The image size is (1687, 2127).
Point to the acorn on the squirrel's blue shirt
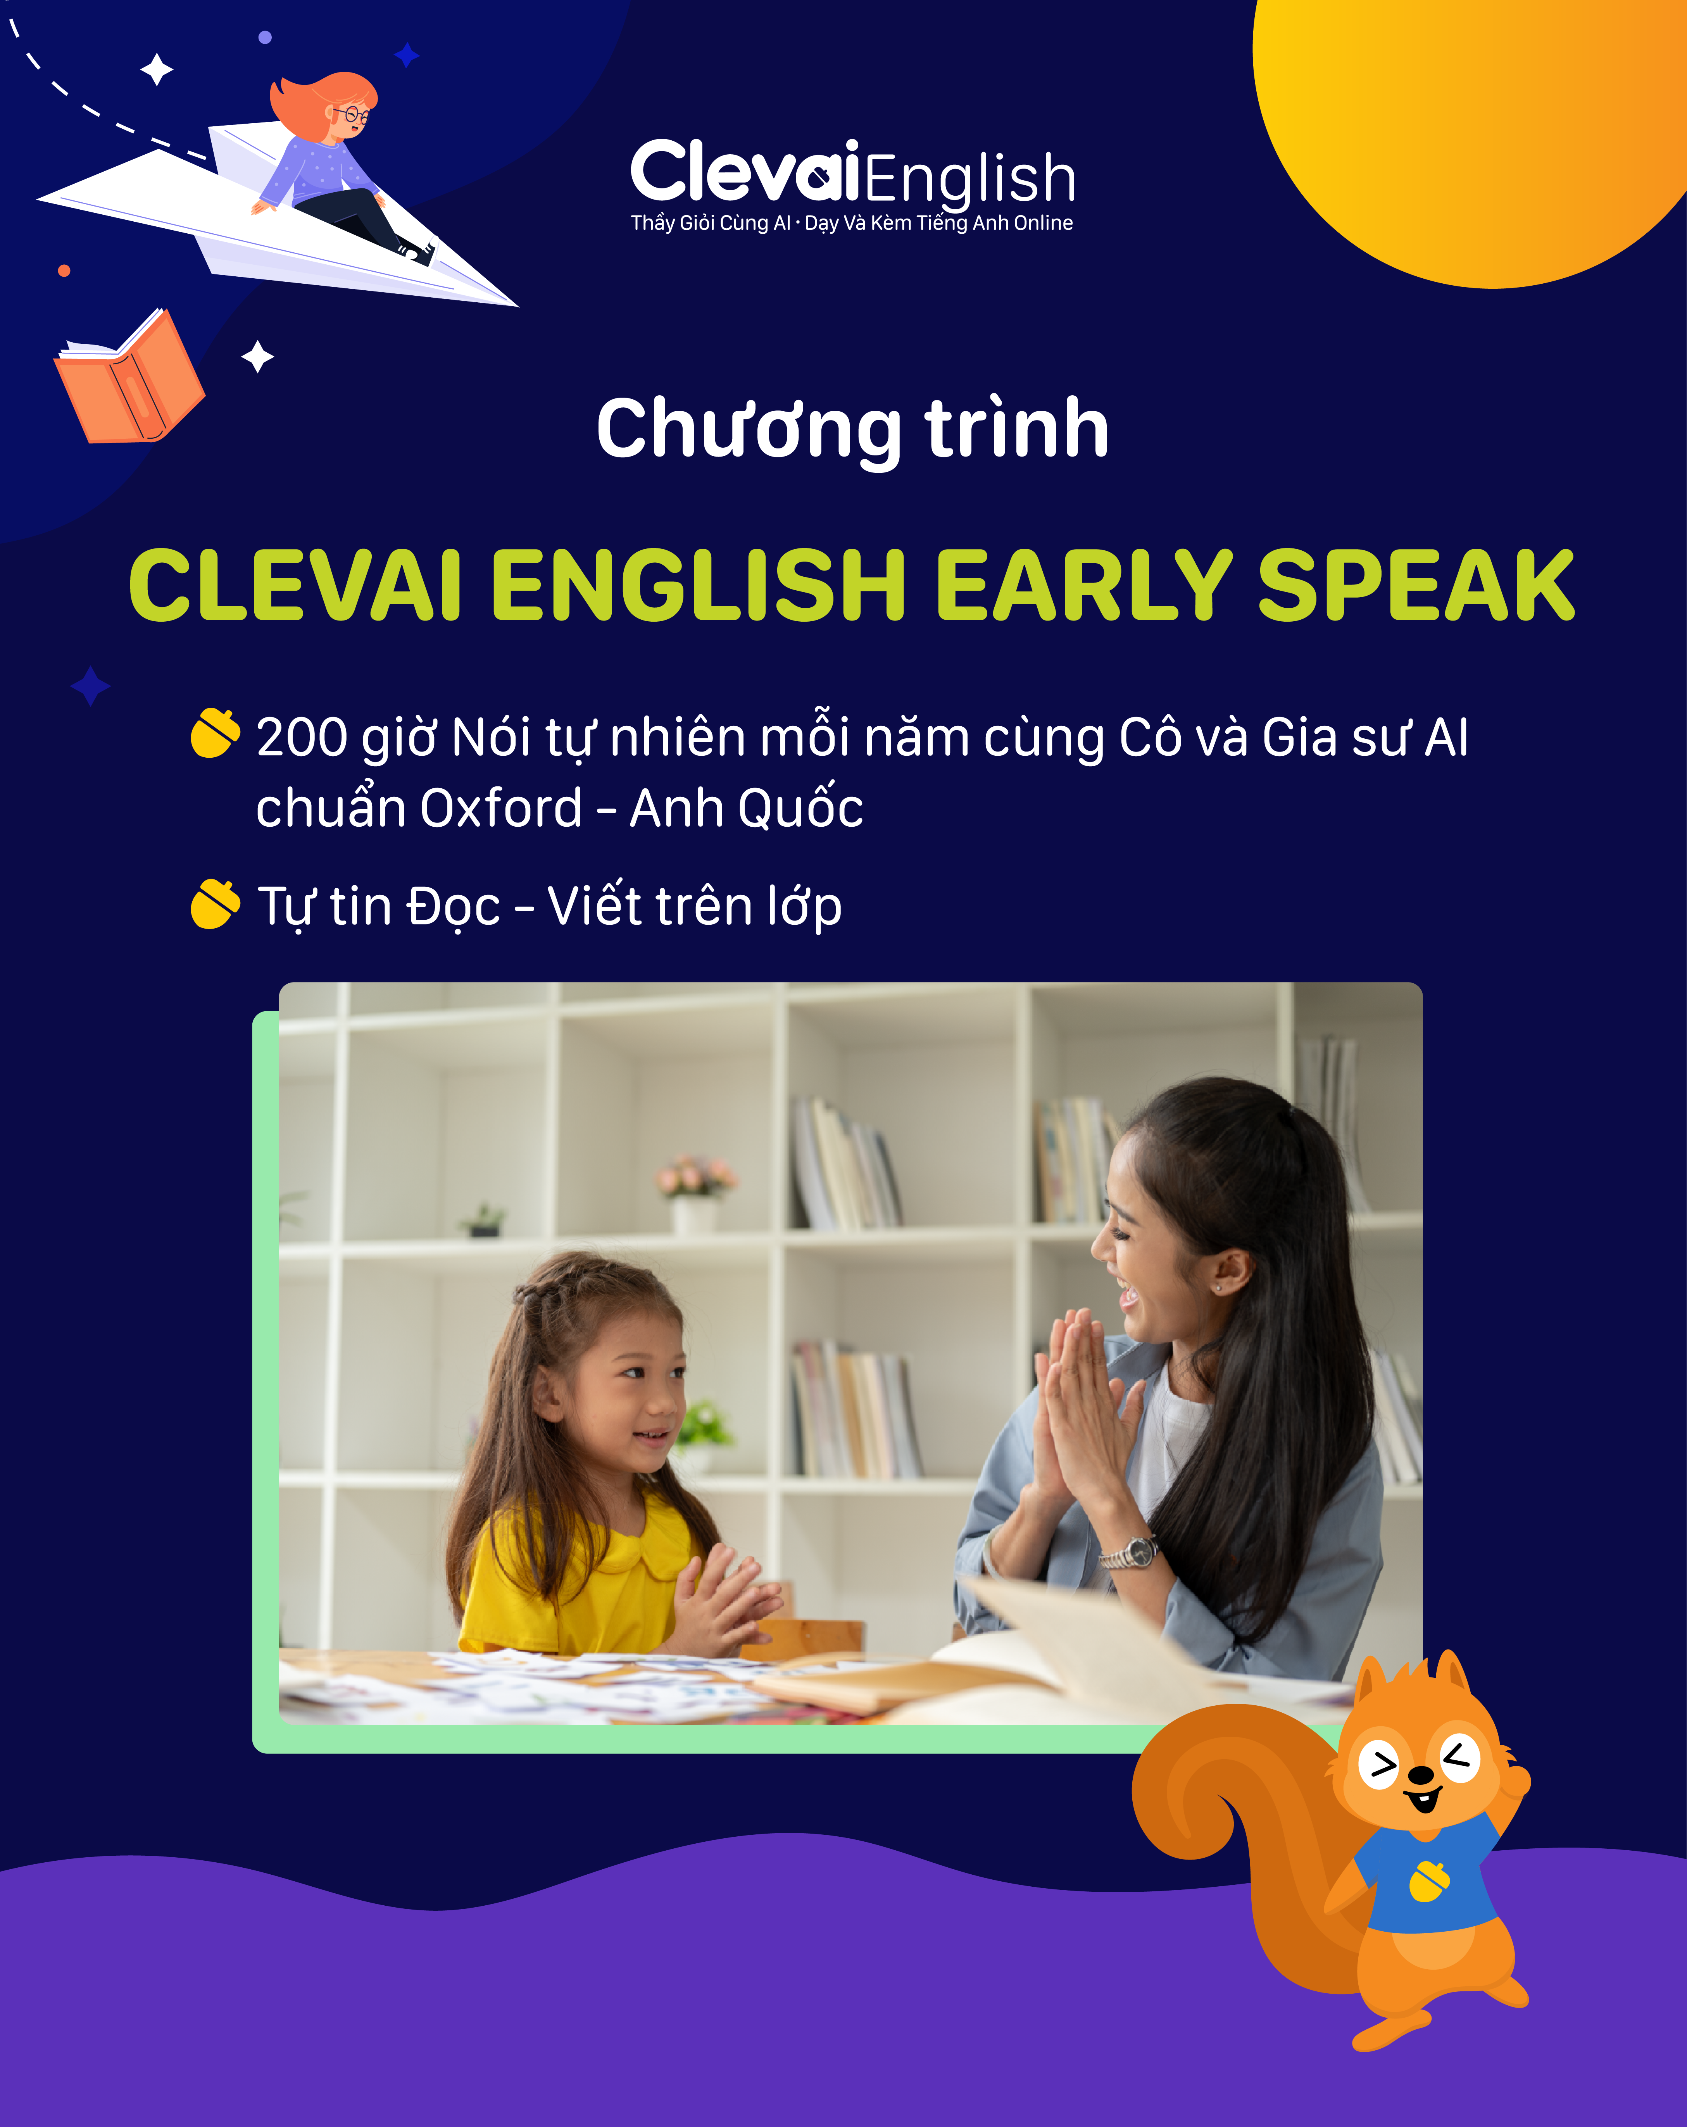[x=1430, y=1881]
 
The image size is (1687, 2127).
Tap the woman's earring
[x=1218, y=1288]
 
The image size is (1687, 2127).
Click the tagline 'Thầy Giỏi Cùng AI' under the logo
[x=710, y=223]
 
